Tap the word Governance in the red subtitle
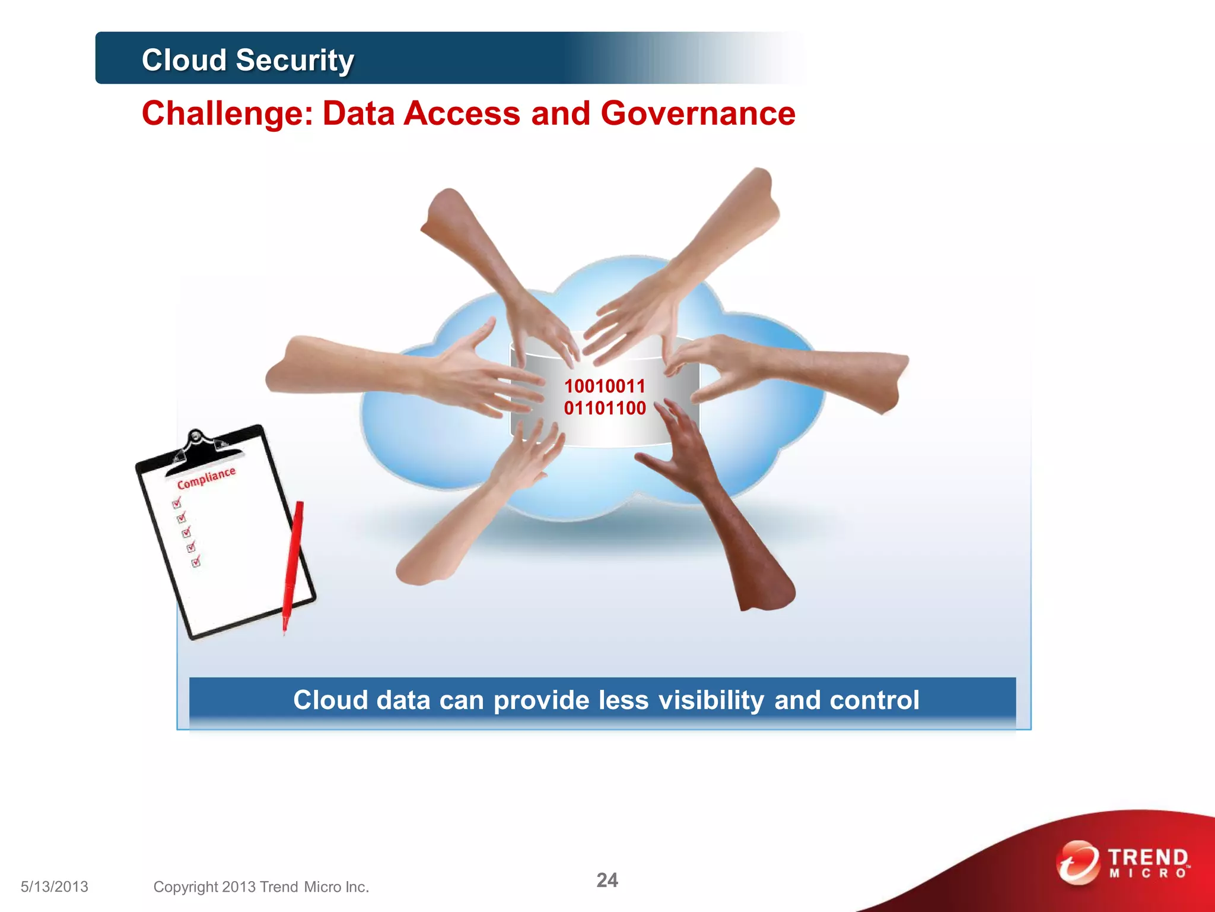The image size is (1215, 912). pyautogui.click(x=698, y=113)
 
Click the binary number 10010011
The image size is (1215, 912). pyautogui.click(x=605, y=387)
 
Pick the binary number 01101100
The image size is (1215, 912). pyautogui.click(x=605, y=408)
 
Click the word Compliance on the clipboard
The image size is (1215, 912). pyautogui.click(x=206, y=478)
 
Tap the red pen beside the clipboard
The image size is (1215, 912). pyautogui.click(x=292, y=564)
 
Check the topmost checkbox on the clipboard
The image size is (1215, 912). pyautogui.click(x=177, y=503)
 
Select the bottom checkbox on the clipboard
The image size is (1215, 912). pyautogui.click(x=196, y=562)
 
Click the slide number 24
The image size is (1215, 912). pyautogui.click(x=607, y=880)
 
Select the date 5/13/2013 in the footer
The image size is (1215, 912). pyautogui.click(x=54, y=887)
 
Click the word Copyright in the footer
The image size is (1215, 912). pyautogui.click(x=186, y=887)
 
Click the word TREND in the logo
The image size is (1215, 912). pyautogui.click(x=1148, y=857)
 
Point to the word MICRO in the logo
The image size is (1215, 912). pyautogui.click(x=1148, y=873)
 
